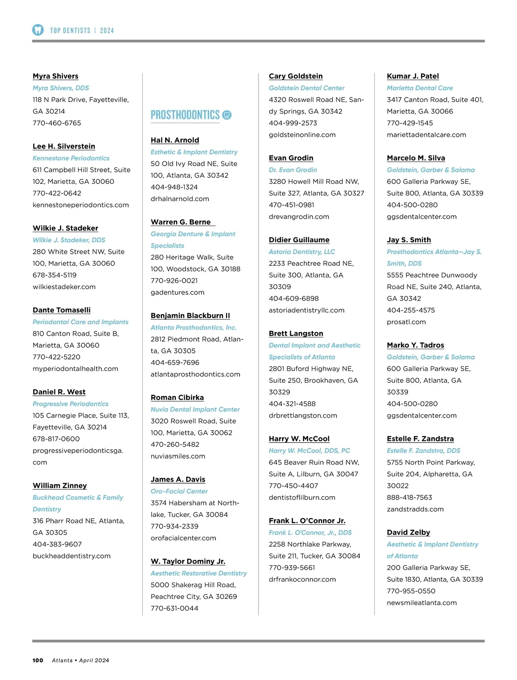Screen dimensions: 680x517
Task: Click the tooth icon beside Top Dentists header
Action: [x=38, y=30]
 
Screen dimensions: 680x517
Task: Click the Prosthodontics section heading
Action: [x=185, y=115]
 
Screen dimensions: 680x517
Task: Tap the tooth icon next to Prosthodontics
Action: [x=227, y=115]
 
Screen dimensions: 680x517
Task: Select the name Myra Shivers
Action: [x=56, y=76]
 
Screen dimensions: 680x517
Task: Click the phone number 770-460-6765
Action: [x=57, y=123]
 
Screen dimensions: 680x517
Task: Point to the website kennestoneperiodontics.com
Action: [x=81, y=205]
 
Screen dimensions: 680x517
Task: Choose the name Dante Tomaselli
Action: [x=62, y=310]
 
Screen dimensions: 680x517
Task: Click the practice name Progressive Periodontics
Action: [x=71, y=404]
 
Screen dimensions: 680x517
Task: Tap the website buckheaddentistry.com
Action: [x=72, y=556]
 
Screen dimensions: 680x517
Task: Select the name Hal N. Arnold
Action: [x=175, y=140]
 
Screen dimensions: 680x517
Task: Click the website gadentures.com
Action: [x=178, y=293]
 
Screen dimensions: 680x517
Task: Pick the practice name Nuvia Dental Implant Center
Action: [x=195, y=409]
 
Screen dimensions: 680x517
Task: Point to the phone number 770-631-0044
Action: [x=174, y=608]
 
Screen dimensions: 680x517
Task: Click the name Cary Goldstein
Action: [x=296, y=76]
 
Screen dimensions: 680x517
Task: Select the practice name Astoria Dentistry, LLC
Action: [x=302, y=252]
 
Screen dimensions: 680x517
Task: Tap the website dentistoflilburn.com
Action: [x=302, y=497]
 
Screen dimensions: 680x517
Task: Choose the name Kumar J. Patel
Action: [x=413, y=76]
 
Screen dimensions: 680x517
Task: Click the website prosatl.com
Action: [x=406, y=322]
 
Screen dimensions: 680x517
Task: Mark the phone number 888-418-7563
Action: [x=409, y=497]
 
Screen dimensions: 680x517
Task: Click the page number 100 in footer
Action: [x=38, y=660]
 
